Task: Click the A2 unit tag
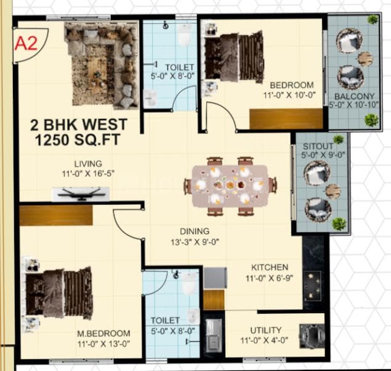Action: click(25, 44)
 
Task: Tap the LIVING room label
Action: click(83, 163)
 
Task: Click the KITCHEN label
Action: click(269, 267)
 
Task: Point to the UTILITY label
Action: click(265, 330)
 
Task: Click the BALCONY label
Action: click(354, 96)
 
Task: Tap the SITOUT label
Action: click(318, 146)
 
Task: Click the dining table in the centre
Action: click(228, 184)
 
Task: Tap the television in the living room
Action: click(81, 195)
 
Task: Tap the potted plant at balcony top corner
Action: click(373, 20)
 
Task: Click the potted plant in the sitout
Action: click(339, 224)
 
